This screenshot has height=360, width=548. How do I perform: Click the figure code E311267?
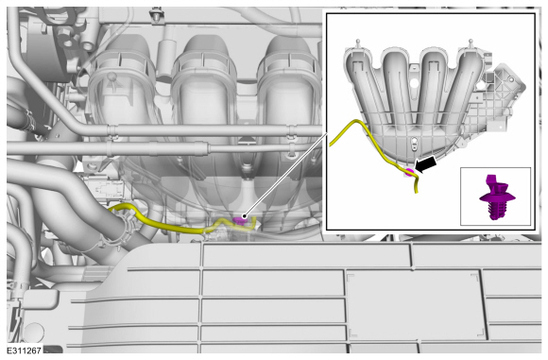click(25, 350)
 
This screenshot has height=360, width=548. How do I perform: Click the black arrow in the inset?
click(427, 164)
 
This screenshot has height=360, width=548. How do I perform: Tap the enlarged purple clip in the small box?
click(496, 197)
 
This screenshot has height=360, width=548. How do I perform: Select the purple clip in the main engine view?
click(239, 219)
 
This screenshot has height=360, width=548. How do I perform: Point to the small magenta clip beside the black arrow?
click(409, 172)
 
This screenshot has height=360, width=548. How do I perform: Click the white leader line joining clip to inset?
click(285, 174)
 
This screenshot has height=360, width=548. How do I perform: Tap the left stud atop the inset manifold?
click(357, 43)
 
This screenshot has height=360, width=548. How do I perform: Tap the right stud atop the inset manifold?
click(471, 43)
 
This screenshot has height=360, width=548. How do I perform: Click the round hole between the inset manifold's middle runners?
click(414, 83)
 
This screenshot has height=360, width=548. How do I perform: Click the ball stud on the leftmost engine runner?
click(111, 77)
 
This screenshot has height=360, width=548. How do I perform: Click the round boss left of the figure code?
click(34, 332)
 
